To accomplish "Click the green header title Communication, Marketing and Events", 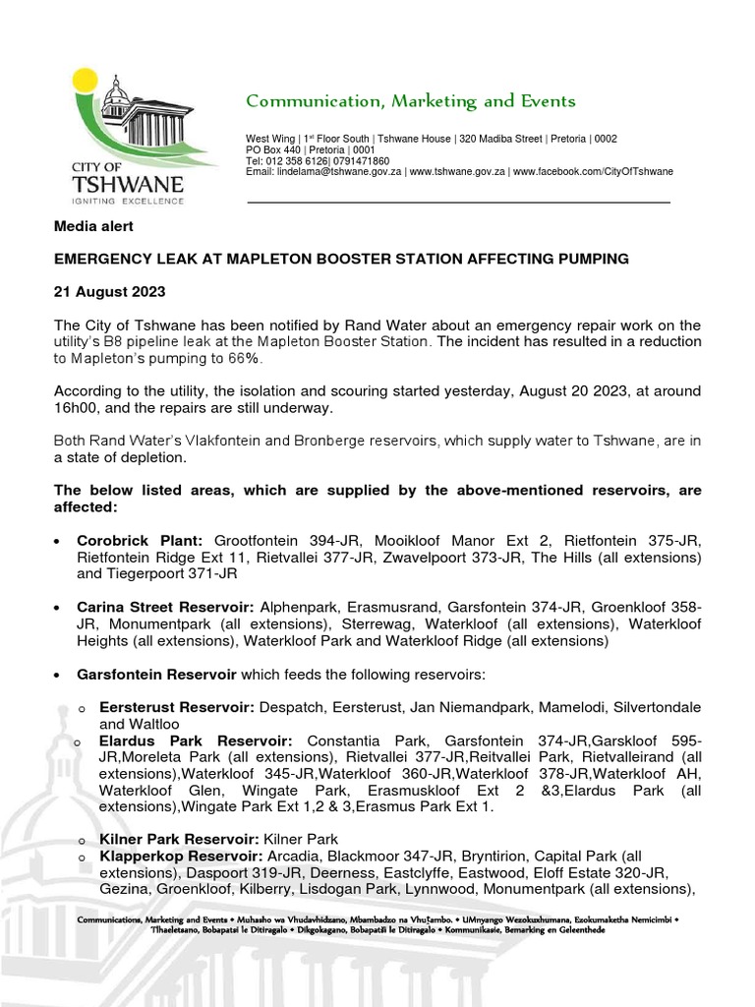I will pyautogui.click(x=410, y=101).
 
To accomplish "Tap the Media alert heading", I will pyautogui.click(x=92, y=226).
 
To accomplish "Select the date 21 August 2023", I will pyautogui.click(x=109, y=292).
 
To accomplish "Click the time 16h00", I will pyautogui.click(x=80, y=408).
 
